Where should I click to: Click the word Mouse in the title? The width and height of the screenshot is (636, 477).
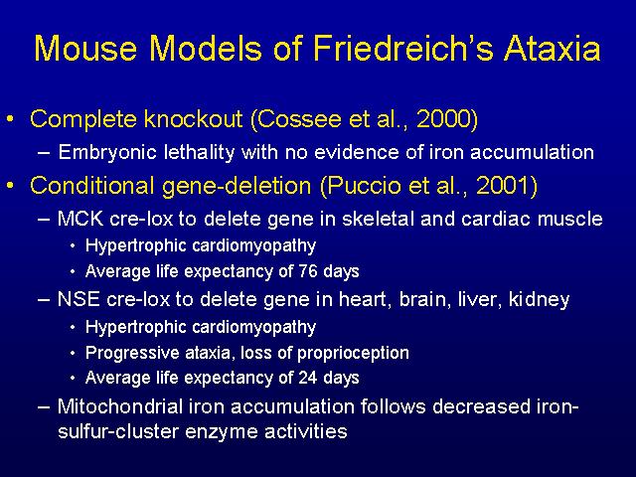pyautogui.click(x=85, y=48)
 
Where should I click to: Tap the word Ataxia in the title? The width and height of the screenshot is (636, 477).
pyautogui.click(x=552, y=48)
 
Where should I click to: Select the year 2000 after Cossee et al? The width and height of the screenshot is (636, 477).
pyautogui.click(x=444, y=119)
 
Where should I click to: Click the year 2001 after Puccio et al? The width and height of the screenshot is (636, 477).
pyautogui.click(x=503, y=186)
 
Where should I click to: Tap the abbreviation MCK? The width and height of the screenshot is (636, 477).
pyautogui.click(x=80, y=219)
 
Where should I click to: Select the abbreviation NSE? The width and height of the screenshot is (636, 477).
pyautogui.click(x=79, y=299)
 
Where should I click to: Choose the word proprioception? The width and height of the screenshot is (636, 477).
pyautogui.click(x=353, y=354)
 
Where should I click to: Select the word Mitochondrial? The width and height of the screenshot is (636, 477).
pyautogui.click(x=120, y=406)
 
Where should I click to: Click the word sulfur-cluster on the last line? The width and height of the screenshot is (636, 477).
pyautogui.click(x=118, y=431)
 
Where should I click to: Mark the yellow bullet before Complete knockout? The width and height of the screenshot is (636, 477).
pyautogui.click(x=10, y=119)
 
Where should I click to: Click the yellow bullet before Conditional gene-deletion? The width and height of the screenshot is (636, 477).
pyautogui.click(x=10, y=186)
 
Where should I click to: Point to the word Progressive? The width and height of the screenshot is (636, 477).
pyautogui.click(x=132, y=354)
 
